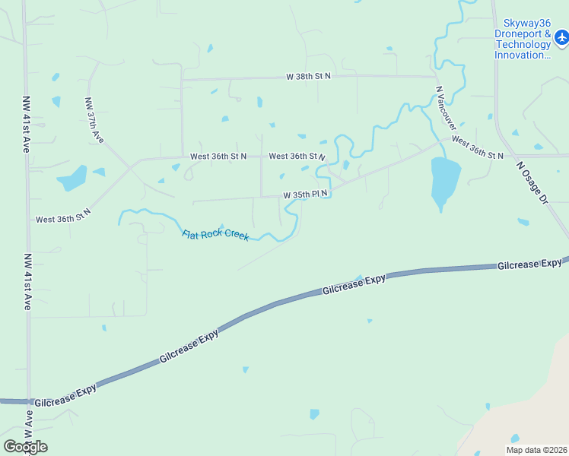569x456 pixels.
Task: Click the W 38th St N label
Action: point(308,77)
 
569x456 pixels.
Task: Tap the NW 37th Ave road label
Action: point(94,120)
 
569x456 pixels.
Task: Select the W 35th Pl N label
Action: point(306,195)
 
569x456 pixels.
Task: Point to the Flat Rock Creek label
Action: point(215,236)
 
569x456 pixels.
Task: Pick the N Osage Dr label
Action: point(532,182)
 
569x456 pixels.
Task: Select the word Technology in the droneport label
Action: point(523,45)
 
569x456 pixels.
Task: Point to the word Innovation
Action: point(522,55)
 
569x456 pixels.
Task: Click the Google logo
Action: point(25,447)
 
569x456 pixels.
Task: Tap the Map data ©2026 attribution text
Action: point(536,450)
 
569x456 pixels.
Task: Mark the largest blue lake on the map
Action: point(445,181)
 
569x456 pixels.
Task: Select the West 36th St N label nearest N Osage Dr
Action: point(477,147)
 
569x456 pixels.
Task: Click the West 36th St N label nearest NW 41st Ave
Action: point(63,215)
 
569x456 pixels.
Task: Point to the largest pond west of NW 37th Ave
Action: point(73,179)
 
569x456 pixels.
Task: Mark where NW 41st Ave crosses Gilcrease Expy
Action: point(29,402)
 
